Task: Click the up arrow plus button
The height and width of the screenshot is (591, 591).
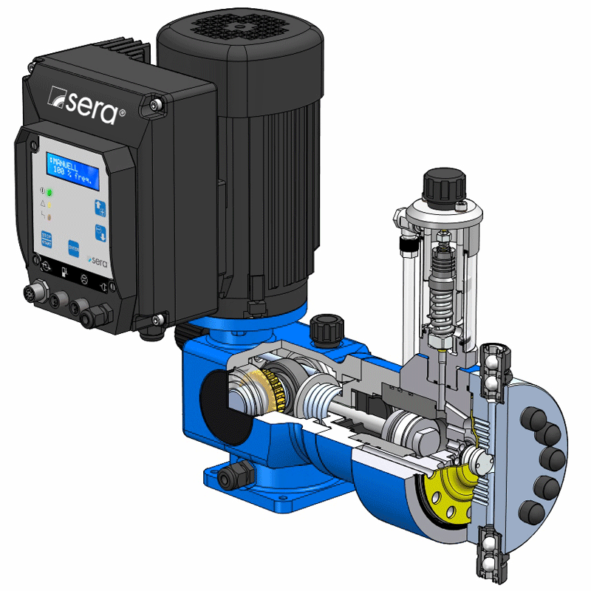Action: (101, 207)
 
